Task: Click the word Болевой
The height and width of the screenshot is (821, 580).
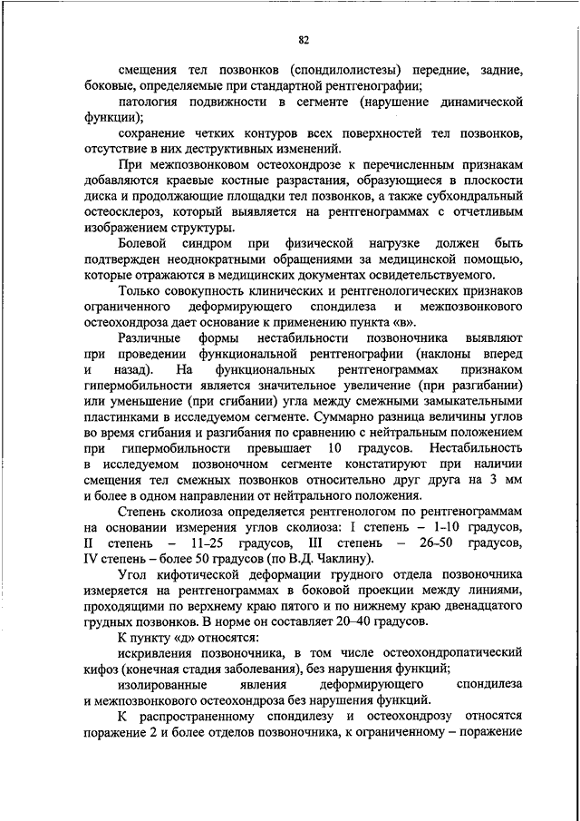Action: click(141, 245)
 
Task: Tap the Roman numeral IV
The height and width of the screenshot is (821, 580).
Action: click(92, 561)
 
